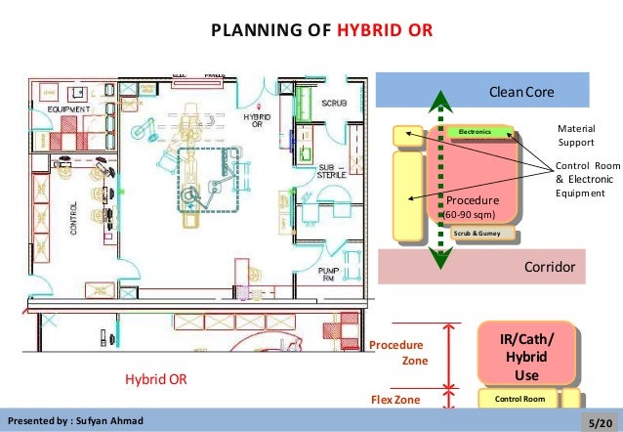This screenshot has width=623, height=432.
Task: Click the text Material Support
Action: (x=576, y=135)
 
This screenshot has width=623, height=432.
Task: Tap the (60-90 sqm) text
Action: (x=471, y=213)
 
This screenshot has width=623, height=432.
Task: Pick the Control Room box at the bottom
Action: (x=519, y=399)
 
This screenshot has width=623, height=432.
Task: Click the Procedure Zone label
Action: (x=401, y=353)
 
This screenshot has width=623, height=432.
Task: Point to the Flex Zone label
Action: (x=395, y=399)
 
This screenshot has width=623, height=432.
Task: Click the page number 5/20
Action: (x=599, y=420)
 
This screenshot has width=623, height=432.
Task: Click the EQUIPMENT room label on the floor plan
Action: (x=66, y=109)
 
